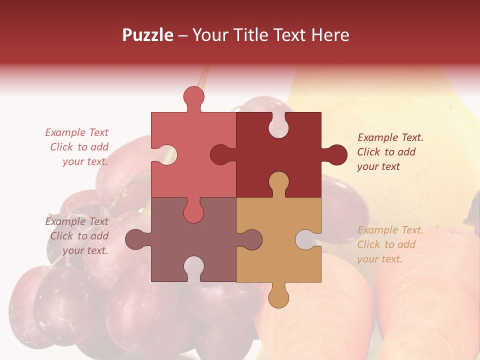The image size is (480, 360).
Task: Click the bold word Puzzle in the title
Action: pos(148,35)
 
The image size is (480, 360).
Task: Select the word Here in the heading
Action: pos(330,35)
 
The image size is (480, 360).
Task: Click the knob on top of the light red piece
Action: pos(193,97)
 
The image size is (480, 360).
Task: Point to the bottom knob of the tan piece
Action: pos(278,296)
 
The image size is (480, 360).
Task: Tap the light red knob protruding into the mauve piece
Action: pos(193,211)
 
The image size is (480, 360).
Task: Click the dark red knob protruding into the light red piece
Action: pos(222,154)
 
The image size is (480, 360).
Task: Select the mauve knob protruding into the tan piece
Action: pos(250,239)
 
